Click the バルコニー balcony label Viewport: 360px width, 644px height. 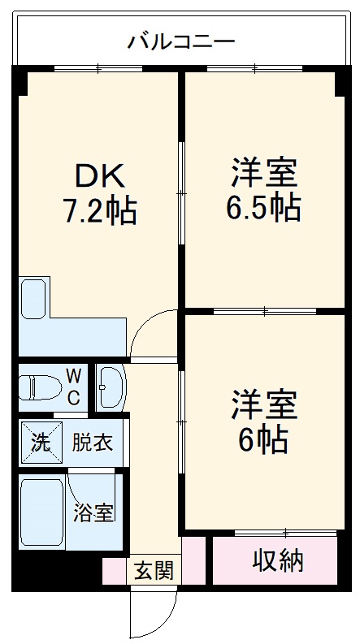180,41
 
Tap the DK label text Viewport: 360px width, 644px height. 99,175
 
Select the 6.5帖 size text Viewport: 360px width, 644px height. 262,209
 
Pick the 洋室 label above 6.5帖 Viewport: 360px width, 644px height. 262,173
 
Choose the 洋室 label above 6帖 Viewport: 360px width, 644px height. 262,404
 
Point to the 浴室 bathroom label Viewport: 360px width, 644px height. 93,512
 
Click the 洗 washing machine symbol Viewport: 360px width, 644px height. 40,443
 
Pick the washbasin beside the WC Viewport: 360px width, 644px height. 109,387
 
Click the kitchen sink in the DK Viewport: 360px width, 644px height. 34,299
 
